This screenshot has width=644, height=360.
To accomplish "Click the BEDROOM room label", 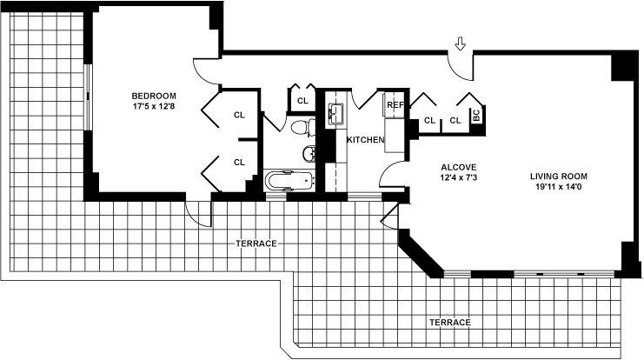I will (154, 96).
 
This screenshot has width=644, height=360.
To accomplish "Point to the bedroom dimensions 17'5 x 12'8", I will (154, 107).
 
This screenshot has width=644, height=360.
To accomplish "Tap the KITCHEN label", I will (365, 140).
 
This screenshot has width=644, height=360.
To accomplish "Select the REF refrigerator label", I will (395, 105).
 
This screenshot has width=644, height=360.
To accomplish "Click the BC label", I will (477, 115).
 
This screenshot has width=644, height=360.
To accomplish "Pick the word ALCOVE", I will (458, 167).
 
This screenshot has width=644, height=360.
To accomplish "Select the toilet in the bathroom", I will (302, 129).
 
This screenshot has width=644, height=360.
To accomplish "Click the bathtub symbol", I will (288, 182).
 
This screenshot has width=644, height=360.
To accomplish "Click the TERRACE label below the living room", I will (449, 323).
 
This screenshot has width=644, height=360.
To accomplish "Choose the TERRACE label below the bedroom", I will (256, 243).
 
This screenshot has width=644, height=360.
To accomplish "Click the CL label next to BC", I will (455, 121).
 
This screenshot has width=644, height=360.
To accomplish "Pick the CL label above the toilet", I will (302, 101).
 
